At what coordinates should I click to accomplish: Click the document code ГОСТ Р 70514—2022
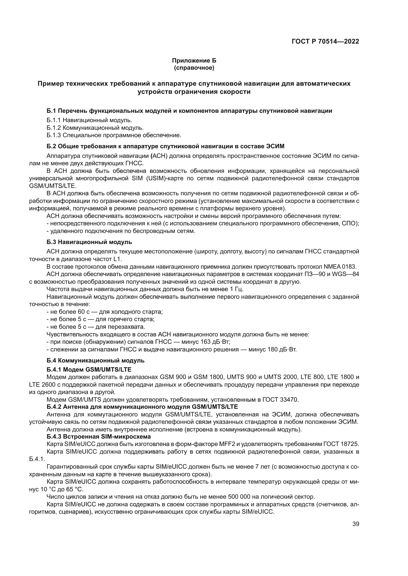tap(325, 42)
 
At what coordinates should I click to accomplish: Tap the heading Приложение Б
tap(194, 61)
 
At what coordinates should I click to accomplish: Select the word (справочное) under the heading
tap(194, 68)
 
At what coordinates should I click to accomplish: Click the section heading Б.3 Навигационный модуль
tap(89, 242)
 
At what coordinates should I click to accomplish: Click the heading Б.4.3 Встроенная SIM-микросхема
tap(98, 437)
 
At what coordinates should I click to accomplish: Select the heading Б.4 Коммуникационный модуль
tap(95, 361)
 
